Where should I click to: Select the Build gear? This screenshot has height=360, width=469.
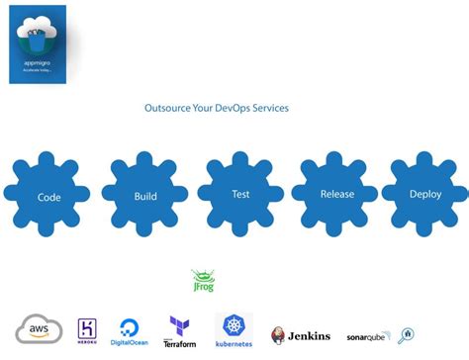tap(144, 196)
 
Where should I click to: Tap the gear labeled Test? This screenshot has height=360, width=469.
tap(239, 194)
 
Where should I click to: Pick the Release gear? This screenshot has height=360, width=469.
tap(336, 194)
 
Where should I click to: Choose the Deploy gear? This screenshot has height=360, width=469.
tap(424, 194)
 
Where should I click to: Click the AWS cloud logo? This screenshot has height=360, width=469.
tap(39, 329)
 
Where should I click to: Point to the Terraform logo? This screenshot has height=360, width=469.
tap(179, 331)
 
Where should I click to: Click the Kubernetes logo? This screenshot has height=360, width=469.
tap(234, 331)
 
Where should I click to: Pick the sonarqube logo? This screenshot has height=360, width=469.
tap(367, 336)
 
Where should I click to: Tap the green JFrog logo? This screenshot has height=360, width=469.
tap(203, 281)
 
